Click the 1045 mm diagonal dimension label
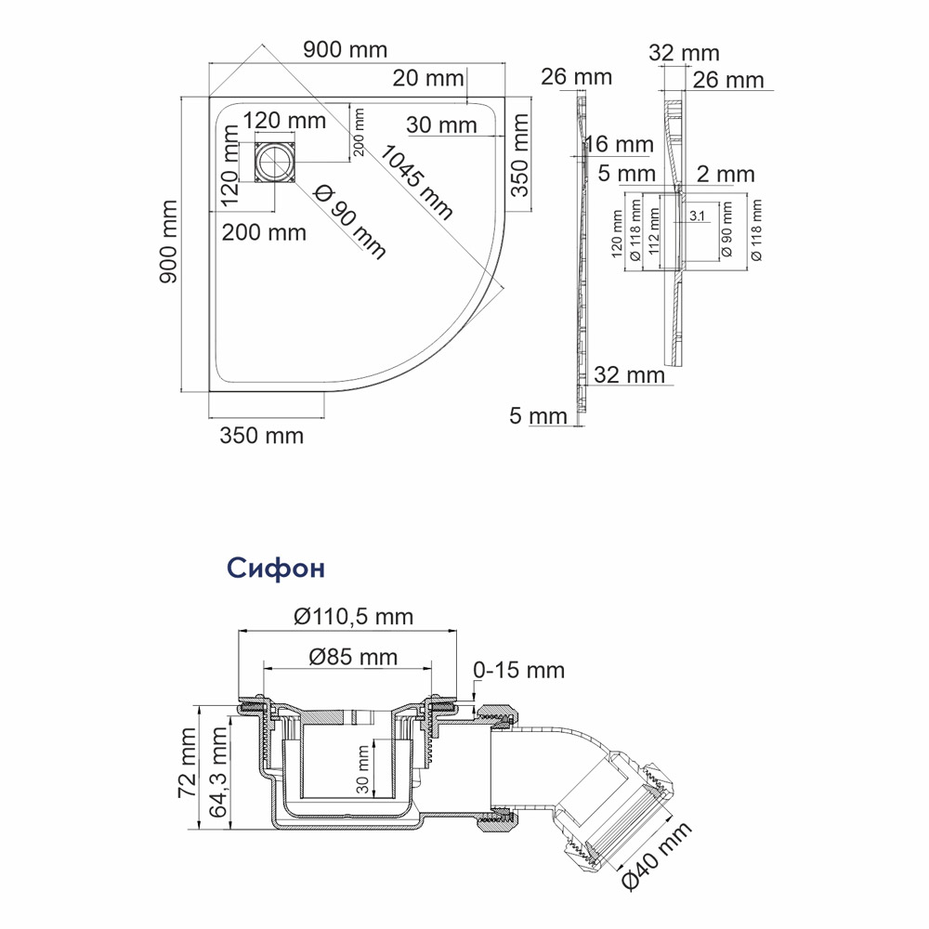coord(416,182)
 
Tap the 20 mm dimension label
coord(427,78)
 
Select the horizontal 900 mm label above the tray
coord(345,50)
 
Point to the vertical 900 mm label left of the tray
coord(169,242)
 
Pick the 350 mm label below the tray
coord(261,436)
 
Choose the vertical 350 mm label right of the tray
coord(519,154)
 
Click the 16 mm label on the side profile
coord(619,144)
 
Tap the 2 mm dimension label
coord(726,175)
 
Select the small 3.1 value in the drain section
coord(698,216)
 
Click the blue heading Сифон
coord(276,568)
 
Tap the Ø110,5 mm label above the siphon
coord(353,617)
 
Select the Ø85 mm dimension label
coord(353,657)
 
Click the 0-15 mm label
coord(518,670)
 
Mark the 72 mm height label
coord(188,763)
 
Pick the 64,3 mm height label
coord(218,772)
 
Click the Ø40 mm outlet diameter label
coord(656,856)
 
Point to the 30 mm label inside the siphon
coord(362,769)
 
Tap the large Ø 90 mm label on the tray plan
coord(349,222)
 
